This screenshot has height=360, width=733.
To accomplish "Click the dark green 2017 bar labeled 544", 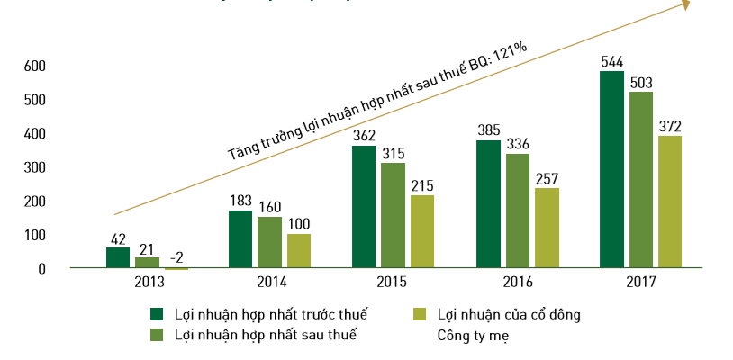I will (x=611, y=169).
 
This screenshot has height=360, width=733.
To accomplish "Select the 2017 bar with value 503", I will (x=641, y=180).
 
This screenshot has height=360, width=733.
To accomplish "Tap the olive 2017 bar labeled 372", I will (x=670, y=202).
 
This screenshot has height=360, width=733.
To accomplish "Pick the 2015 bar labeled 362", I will (x=364, y=207).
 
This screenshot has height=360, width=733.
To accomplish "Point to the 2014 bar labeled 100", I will (x=299, y=251).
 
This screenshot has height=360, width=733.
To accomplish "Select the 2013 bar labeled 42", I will (x=118, y=257).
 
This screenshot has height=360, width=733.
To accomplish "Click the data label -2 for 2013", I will (x=176, y=257).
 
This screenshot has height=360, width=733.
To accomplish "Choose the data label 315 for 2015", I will (x=393, y=153).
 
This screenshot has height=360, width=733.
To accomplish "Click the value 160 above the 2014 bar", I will (x=270, y=206).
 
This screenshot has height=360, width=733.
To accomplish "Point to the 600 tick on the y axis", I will (x=34, y=66).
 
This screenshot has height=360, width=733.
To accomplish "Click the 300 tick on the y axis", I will (x=34, y=167).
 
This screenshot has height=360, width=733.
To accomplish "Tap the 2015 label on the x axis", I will (x=393, y=283).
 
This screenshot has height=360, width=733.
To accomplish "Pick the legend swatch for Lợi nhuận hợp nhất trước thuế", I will (x=157, y=314).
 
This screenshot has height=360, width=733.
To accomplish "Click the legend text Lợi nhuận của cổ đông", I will (x=509, y=314).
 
